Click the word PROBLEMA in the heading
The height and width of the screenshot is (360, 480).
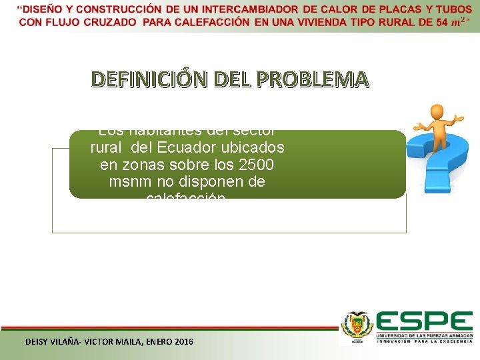[320, 79]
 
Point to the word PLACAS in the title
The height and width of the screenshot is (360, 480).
[403, 9]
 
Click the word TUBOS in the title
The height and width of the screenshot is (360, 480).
[453, 9]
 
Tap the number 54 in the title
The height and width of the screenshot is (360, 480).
[441, 22]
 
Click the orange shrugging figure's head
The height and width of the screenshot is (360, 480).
[437, 111]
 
